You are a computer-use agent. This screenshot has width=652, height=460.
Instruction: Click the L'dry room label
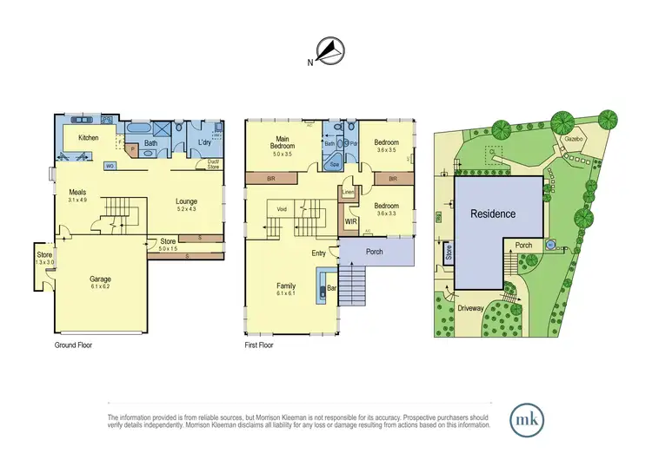pyautogui.click(x=206, y=141)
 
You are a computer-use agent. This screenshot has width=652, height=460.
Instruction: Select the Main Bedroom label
pyautogui.click(x=283, y=143)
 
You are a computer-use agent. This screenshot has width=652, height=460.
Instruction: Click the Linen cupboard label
pyautogui.click(x=349, y=191)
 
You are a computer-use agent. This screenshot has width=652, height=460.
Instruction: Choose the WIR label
pyautogui.click(x=350, y=221)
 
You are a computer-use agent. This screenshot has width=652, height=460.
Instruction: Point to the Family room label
pyautogui.click(x=286, y=286)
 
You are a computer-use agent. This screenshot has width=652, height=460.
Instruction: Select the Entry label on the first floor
pyautogui.click(x=319, y=253)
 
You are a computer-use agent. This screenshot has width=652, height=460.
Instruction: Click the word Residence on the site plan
pyautogui.click(x=493, y=214)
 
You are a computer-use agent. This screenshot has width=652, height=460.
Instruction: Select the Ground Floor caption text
pyautogui.click(x=73, y=345)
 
